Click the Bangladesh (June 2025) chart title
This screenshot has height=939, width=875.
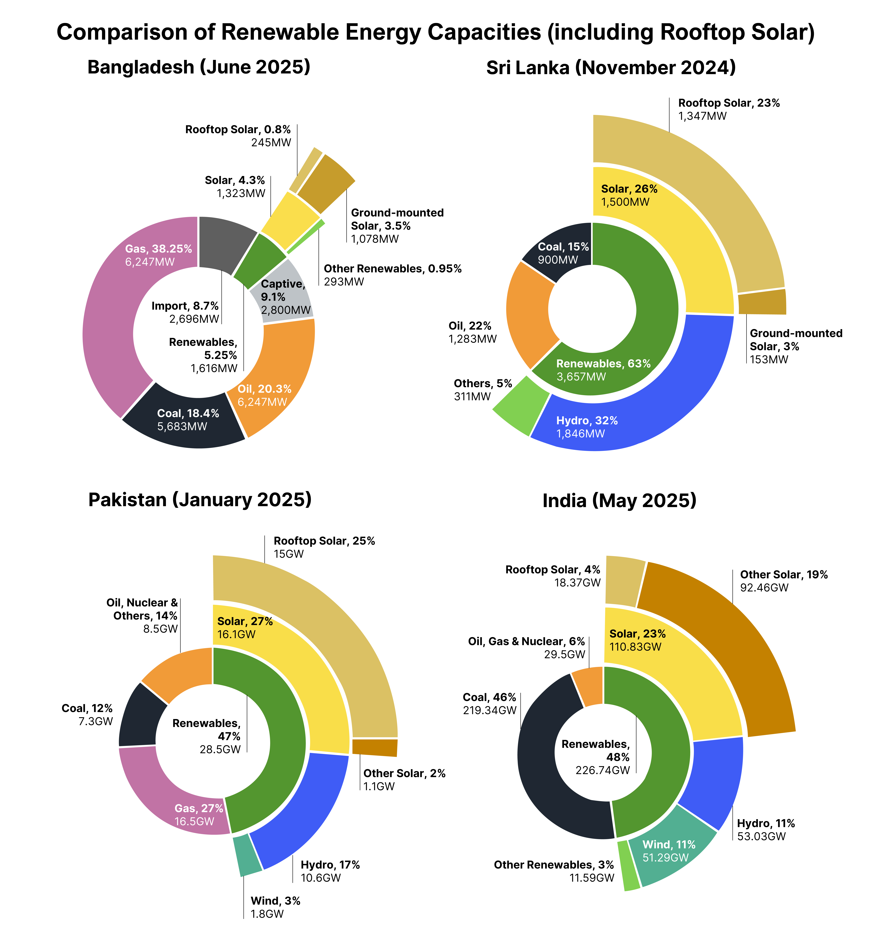tap(199, 67)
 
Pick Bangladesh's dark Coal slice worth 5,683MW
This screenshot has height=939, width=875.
tap(184, 420)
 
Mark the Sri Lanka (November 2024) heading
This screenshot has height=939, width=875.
tap(611, 68)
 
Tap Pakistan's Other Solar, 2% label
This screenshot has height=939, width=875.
tap(404, 773)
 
